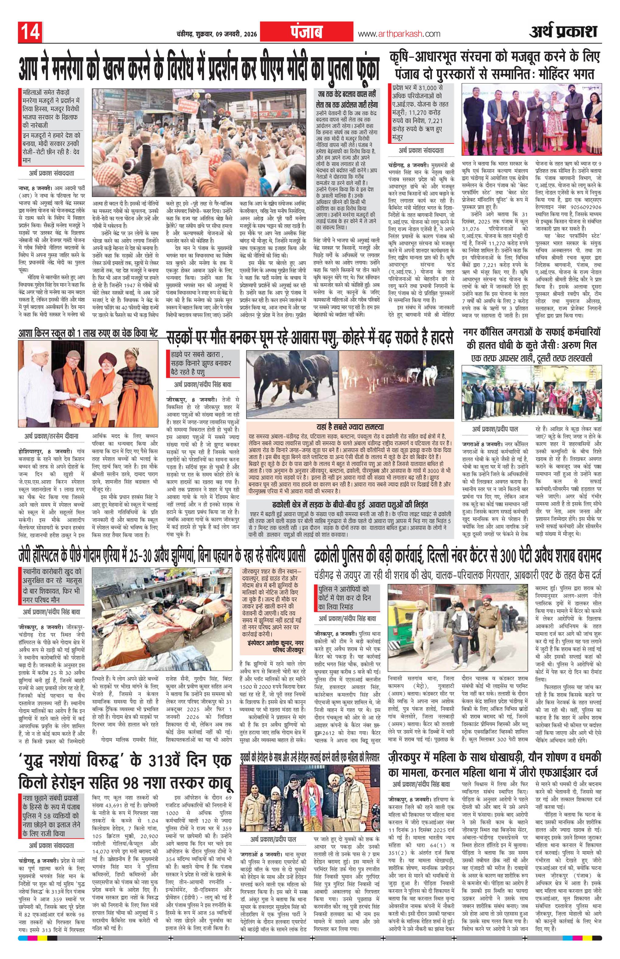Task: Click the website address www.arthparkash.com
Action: tap(399, 34)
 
